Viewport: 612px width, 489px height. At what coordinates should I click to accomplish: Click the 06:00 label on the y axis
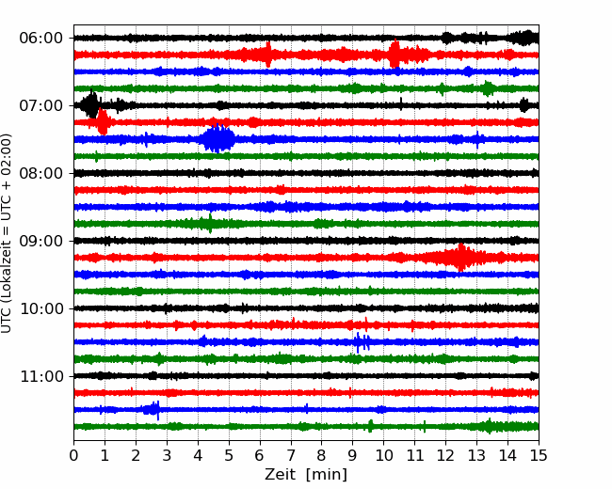41,39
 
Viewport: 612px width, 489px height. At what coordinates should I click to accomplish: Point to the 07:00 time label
41,105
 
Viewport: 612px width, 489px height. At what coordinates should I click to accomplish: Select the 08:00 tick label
41,173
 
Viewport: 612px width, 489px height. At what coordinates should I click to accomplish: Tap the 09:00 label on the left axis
41,241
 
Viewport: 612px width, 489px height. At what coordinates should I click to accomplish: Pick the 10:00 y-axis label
41,308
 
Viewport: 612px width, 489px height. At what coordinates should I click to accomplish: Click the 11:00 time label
41,376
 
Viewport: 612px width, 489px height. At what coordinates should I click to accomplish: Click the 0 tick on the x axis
73,455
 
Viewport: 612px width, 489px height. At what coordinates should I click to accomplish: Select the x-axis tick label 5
229,455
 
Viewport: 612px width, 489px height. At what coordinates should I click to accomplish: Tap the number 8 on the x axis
322,455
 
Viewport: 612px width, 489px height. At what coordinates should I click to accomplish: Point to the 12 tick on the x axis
445,455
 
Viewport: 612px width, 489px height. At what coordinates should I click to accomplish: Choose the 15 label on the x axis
539,455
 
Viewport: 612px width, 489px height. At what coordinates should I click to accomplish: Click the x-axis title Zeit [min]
306,475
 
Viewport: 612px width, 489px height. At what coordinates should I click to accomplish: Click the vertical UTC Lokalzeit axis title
7,233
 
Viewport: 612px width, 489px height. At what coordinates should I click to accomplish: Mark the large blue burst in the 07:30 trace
217,139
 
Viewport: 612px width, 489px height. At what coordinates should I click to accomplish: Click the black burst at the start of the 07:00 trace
91,103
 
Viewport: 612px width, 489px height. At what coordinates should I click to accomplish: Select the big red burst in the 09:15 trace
460,258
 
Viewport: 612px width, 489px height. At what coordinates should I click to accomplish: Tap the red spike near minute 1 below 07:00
103,121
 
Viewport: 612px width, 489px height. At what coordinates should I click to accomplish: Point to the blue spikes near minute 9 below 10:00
362,342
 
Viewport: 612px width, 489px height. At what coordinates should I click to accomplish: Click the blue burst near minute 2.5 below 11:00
153,410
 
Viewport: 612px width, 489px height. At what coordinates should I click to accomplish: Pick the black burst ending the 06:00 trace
524,38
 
